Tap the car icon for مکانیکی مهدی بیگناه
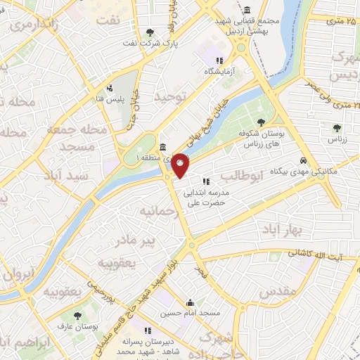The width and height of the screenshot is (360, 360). [x=303, y=160]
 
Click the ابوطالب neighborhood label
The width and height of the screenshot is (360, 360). [x=240, y=174]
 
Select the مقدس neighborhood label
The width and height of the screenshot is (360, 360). [x=277, y=290]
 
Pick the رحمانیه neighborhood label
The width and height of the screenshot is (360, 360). [x=155, y=210]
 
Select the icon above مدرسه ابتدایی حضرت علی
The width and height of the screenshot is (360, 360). [x=205, y=181]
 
